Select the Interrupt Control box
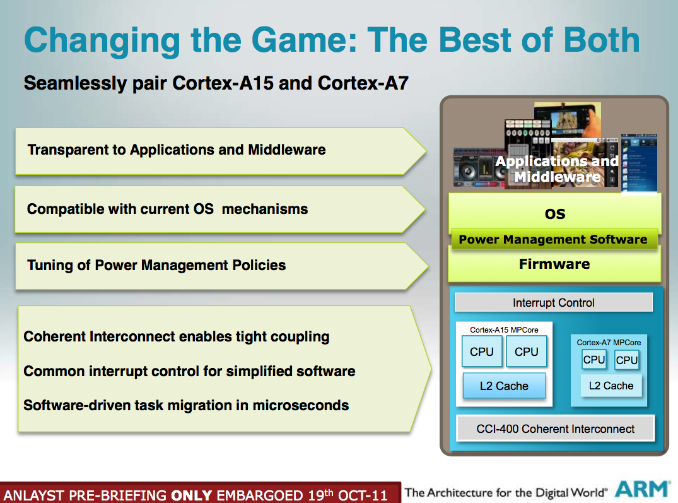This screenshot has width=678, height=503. (x=554, y=302)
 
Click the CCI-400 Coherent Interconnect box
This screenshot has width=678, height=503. (x=555, y=429)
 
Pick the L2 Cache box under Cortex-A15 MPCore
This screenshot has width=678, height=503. (x=504, y=386)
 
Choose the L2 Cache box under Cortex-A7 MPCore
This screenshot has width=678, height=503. (x=611, y=386)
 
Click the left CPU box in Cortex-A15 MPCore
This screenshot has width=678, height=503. (x=482, y=352)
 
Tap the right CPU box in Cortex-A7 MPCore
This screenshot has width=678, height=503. (x=626, y=360)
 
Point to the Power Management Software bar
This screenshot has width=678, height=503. (x=554, y=240)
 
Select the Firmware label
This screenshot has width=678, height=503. (x=554, y=264)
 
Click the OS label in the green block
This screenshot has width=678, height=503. (x=555, y=214)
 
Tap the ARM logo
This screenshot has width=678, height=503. (x=641, y=490)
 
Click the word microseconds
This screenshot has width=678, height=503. (x=300, y=405)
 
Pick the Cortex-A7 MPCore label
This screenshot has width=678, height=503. (x=609, y=343)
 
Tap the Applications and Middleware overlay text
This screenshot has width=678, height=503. (x=557, y=169)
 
